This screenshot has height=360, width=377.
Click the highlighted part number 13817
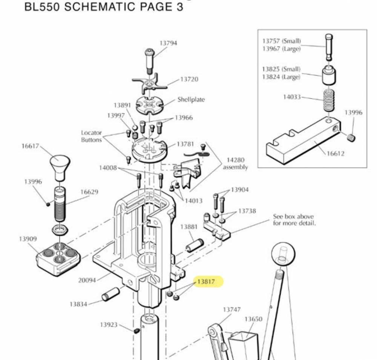tap(206, 282)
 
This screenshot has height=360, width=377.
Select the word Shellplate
tap(191, 100)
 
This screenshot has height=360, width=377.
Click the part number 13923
tap(109, 325)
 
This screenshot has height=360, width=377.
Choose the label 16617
tap(30, 146)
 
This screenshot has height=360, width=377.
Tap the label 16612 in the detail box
tap(335, 154)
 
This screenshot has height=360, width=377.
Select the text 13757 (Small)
tap(282, 41)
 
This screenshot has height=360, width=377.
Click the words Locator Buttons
tap(92, 136)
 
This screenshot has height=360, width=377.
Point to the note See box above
tap(294, 217)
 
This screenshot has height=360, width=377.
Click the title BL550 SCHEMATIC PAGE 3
tap(104, 7)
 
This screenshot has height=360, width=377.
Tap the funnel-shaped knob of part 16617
tap(60, 166)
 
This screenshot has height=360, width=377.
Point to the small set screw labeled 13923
tap(136, 331)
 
